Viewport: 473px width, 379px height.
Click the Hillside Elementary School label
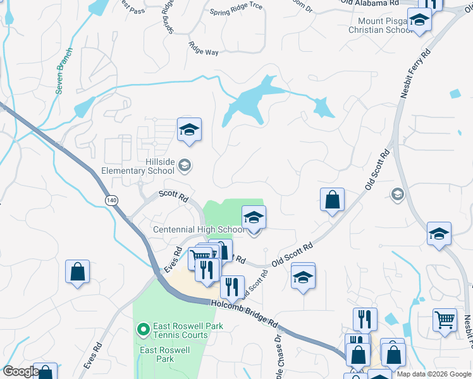(138, 166)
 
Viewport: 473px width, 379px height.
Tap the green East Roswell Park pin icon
(143, 328)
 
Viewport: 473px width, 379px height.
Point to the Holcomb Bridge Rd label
(243, 313)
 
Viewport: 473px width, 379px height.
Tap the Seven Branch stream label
(64, 71)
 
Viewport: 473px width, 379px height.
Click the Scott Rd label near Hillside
(174, 197)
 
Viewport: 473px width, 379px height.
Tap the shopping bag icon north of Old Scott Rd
(332, 200)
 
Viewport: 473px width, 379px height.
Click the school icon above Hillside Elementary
(189, 129)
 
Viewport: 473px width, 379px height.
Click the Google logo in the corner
(21, 371)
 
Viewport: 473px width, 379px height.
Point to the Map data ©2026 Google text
(433, 374)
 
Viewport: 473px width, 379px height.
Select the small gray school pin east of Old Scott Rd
(397, 193)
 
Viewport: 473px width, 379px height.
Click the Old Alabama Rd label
(370, 3)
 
